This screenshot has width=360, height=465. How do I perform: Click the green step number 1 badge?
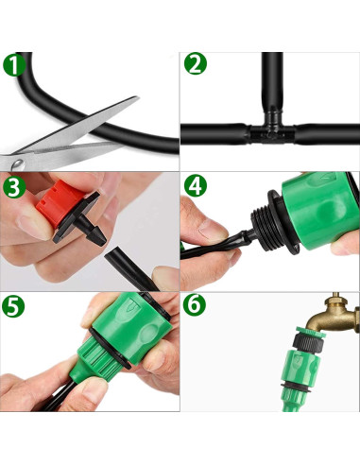tap(14, 65)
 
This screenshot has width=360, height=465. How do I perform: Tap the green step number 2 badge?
tap(196, 64)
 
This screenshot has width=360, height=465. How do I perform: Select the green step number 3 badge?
tap(14, 187)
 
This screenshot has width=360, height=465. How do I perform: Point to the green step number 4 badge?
tap(196, 186)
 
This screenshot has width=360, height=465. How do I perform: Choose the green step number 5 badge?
tap(13, 306)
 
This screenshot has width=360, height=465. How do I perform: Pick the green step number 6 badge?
tap(195, 305)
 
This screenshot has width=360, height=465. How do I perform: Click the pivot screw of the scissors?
tap(18, 164)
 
